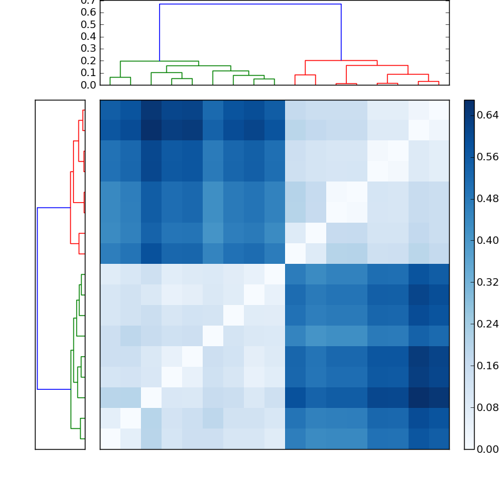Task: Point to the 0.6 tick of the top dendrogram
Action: tap(88, 12)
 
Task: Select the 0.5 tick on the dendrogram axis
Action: tap(88, 24)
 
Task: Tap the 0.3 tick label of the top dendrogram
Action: tap(88, 49)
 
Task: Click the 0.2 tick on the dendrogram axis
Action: tap(88, 61)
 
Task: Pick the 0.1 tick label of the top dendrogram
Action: tap(88, 72)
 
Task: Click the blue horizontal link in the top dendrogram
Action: tap(249, 4)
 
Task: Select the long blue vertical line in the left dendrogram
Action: tap(37, 298)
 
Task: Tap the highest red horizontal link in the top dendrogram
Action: tap(341, 61)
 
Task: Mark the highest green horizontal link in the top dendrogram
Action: tap(159, 61)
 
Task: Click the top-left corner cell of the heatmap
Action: tap(110, 110)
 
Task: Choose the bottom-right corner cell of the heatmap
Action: tap(439, 439)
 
